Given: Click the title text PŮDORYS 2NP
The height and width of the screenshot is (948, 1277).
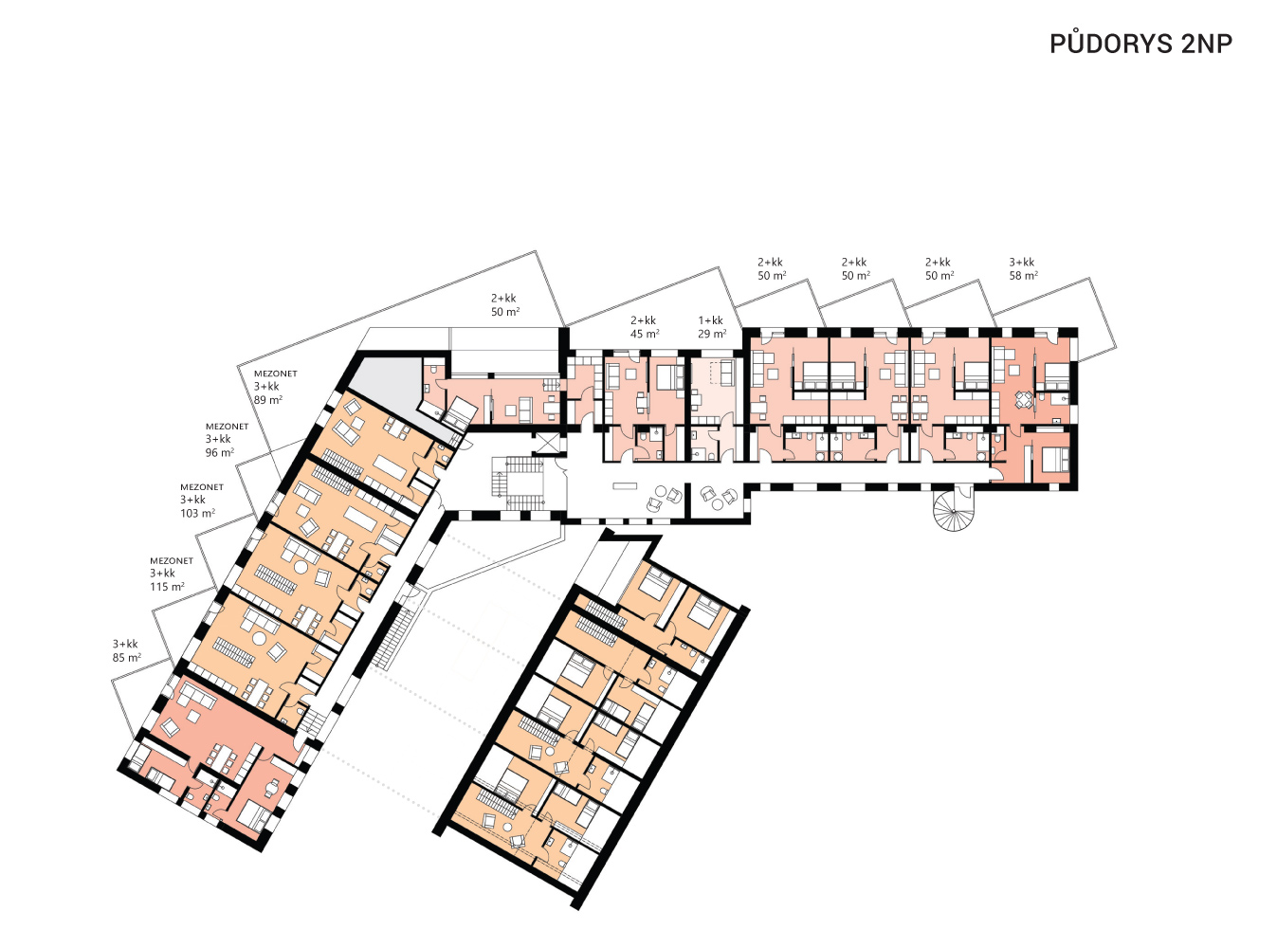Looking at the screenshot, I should [x=1140, y=44].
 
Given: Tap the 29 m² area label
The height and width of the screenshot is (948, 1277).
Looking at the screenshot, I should [x=712, y=334].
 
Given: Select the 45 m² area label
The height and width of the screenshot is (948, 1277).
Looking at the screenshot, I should [x=645, y=334].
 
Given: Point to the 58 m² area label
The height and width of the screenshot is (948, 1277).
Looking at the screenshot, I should [x=1023, y=276].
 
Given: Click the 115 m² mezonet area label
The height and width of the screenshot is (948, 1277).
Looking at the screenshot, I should [x=167, y=587].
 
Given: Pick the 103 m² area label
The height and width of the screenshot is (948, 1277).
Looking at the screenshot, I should [x=197, y=513].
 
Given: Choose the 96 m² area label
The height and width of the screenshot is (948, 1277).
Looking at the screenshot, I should [x=220, y=452].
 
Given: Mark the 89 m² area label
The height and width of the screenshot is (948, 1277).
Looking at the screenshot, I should [x=268, y=400].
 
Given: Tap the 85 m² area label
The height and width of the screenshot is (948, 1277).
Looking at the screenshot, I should [x=127, y=657].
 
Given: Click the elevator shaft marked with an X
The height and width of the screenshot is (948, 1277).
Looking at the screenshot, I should [x=547, y=443].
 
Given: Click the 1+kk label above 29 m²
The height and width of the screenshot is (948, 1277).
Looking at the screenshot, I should [x=711, y=320].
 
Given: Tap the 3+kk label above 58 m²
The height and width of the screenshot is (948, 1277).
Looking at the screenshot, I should [x=1022, y=263].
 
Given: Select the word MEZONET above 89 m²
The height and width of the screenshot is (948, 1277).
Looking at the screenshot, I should [x=276, y=374].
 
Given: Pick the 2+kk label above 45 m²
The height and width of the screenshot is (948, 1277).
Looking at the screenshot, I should [x=644, y=320].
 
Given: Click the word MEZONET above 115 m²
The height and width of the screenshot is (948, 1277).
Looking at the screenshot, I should [x=172, y=560].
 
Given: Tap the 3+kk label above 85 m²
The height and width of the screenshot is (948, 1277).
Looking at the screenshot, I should [x=125, y=644].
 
